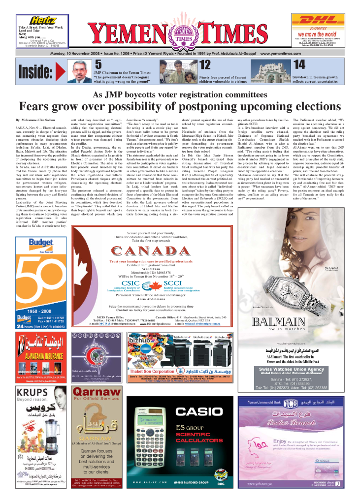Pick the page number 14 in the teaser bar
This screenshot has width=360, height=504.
pyautogui.click(x=299, y=64)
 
